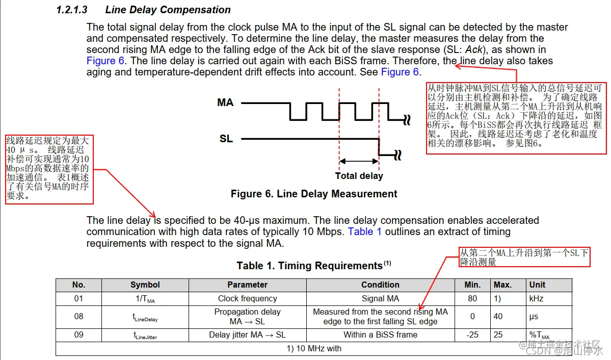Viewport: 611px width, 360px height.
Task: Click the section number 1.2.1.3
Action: tap(72, 10)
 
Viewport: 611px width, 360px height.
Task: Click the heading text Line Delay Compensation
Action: tap(168, 10)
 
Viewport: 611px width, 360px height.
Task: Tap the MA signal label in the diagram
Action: tap(225, 102)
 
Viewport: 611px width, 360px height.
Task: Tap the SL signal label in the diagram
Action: tap(226, 138)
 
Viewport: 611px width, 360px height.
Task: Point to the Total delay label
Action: tap(359, 176)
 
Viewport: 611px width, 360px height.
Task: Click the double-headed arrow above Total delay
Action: tap(359, 162)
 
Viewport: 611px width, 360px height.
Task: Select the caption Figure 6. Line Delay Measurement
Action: tap(314, 194)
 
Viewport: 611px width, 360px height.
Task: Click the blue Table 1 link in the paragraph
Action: tap(364, 232)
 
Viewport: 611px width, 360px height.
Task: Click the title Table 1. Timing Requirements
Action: tap(309, 266)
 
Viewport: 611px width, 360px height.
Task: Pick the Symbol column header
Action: tap(145, 285)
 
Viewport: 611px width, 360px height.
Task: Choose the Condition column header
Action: tap(380, 285)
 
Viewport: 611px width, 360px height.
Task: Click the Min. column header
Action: tap(472, 285)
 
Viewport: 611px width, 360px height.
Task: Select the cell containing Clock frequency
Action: tap(247, 298)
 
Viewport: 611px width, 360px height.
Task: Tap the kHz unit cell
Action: tap(537, 298)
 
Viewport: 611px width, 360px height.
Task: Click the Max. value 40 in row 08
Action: tap(498, 316)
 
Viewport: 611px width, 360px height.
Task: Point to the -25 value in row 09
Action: tap(472, 335)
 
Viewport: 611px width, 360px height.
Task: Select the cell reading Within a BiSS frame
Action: tap(380, 335)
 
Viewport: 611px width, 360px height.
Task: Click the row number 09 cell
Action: tap(78, 335)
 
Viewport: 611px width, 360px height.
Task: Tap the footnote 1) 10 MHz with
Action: tap(314, 348)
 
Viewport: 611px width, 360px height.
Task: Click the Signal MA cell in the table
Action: tap(380, 298)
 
